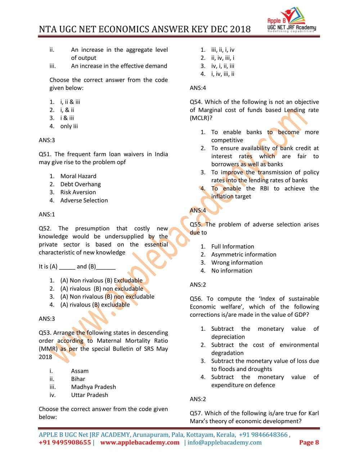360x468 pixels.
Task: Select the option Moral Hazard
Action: (78, 176)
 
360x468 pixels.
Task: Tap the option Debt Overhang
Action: (80, 184)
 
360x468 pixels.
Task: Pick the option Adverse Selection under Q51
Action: (84, 200)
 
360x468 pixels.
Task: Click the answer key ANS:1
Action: (47, 214)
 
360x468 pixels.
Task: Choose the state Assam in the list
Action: (80, 371)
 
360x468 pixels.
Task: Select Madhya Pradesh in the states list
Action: (93, 387)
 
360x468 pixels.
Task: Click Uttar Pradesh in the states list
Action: (89, 395)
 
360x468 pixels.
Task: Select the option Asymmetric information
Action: (244, 255)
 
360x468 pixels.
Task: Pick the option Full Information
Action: (233, 247)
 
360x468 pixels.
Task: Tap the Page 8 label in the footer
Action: (309, 442)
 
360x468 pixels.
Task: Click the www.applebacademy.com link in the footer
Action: (140, 442)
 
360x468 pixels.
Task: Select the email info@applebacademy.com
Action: (224, 442)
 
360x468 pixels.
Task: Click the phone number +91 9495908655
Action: (65, 442)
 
